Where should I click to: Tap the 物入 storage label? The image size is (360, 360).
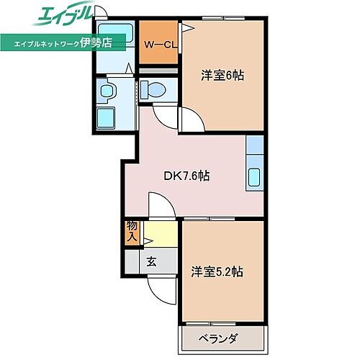click(x=132, y=231)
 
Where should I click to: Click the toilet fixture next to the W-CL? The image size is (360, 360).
click(x=153, y=91)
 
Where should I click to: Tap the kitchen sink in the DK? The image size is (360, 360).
click(x=256, y=176)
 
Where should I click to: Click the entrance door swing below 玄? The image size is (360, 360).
click(x=160, y=289)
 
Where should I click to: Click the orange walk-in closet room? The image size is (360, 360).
click(x=158, y=44)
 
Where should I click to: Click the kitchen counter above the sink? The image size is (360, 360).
click(x=256, y=148)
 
